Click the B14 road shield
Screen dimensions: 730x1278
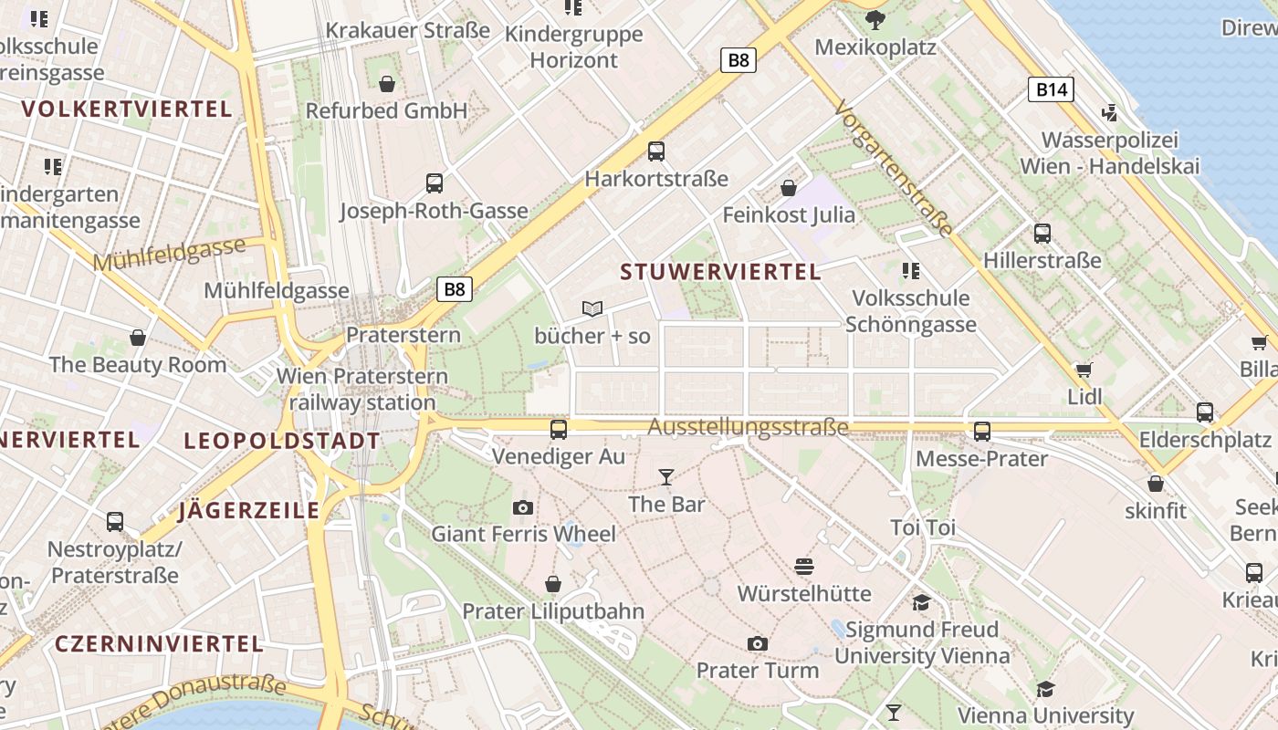pos(1052,89)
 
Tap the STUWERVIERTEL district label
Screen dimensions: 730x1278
pos(720,272)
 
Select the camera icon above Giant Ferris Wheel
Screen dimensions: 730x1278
pos(523,507)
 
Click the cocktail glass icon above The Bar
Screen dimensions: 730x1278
pos(666,476)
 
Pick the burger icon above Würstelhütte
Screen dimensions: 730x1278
pos(803,567)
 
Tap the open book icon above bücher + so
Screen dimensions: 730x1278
pos(592,309)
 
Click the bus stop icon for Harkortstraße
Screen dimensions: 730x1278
pos(655,151)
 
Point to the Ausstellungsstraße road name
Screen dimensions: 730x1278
pos(748,427)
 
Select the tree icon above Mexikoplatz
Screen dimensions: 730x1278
pos(875,20)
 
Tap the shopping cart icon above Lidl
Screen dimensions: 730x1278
pos(1084,370)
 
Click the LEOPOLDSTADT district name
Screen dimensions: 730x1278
pos(281,442)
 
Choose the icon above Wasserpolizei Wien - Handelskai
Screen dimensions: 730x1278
pos(1109,113)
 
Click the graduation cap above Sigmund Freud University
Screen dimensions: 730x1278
pos(921,602)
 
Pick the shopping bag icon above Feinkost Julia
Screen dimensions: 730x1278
pos(788,188)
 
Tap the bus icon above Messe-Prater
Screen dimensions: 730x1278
pos(982,431)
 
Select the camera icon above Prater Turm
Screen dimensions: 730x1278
pos(757,643)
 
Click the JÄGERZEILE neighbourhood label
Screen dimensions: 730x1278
pos(248,511)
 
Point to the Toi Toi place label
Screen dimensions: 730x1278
pos(923,527)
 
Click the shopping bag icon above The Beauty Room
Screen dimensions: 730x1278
pos(138,338)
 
